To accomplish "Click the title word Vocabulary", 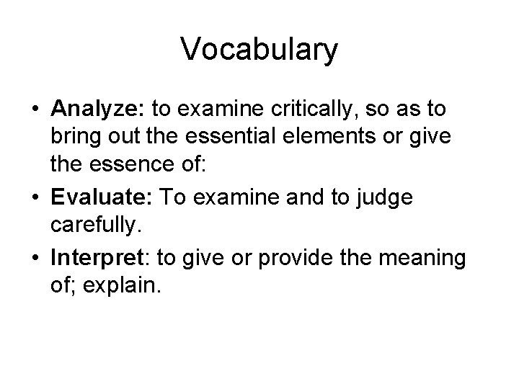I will coord(259,50).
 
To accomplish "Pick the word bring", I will coord(74,139).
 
